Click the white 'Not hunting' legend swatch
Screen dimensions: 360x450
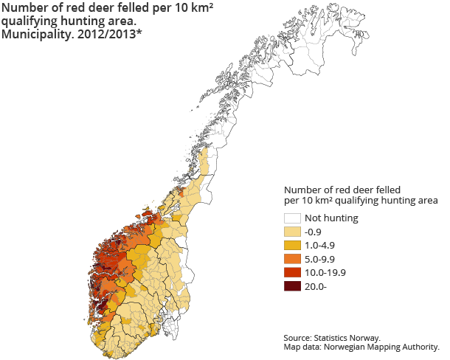(x=292, y=218)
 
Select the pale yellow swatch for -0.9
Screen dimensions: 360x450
(x=292, y=232)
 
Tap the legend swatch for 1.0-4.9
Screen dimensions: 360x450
(x=292, y=246)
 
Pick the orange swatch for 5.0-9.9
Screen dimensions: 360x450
(x=292, y=259)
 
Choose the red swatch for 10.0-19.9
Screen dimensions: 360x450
(x=292, y=273)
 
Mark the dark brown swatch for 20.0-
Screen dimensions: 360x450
(x=292, y=286)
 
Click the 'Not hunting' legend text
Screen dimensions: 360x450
(x=331, y=218)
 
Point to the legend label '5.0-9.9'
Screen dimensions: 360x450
(x=320, y=259)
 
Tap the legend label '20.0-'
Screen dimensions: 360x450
(x=315, y=286)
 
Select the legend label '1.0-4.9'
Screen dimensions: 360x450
(x=320, y=246)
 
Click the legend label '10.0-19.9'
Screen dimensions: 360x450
(x=325, y=273)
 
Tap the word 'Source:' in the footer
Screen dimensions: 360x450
(x=301, y=337)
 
